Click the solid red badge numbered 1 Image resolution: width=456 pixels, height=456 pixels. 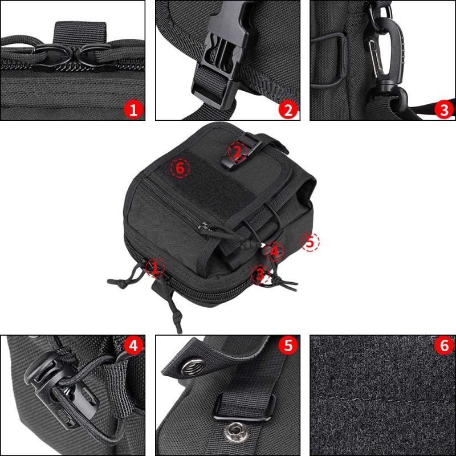133,110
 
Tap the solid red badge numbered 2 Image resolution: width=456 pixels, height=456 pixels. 288,110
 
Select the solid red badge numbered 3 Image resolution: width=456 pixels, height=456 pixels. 444,110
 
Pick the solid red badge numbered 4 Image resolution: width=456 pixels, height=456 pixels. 133,346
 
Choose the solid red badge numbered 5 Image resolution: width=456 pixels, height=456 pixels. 288,346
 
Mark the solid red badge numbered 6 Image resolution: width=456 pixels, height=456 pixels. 444,346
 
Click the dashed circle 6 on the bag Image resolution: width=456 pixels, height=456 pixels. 180,168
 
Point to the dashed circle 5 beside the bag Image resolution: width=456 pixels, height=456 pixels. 310,242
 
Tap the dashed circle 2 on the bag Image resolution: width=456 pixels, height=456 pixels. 238,152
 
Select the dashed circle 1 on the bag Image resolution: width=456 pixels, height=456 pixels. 155,267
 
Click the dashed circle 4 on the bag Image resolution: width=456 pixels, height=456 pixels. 274,251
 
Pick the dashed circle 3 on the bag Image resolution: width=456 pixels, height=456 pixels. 261,274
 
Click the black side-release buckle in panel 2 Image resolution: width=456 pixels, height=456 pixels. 222,54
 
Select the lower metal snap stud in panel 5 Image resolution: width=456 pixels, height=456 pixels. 235,431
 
